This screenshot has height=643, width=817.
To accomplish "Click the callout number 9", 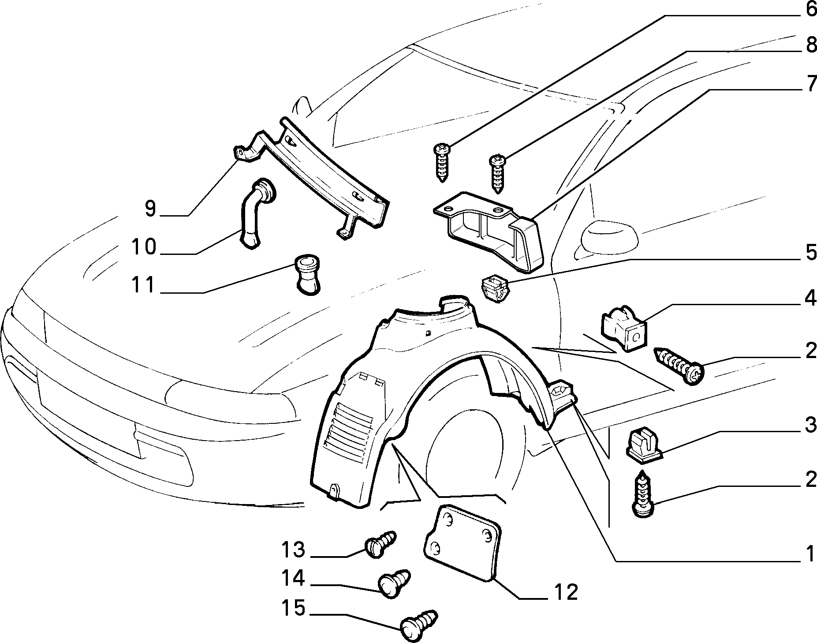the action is tap(150, 209).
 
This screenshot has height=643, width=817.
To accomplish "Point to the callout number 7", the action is tap(810, 85).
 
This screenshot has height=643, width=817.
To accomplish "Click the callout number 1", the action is tap(810, 554).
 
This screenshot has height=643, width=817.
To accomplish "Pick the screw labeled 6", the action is tap(441, 162).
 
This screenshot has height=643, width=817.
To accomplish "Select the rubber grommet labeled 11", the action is tap(307, 273).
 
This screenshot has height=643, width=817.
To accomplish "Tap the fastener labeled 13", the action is tap(380, 544).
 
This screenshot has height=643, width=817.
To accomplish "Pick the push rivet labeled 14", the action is tap(393, 584).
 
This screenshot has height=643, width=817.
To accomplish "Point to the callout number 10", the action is tap(144, 247).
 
